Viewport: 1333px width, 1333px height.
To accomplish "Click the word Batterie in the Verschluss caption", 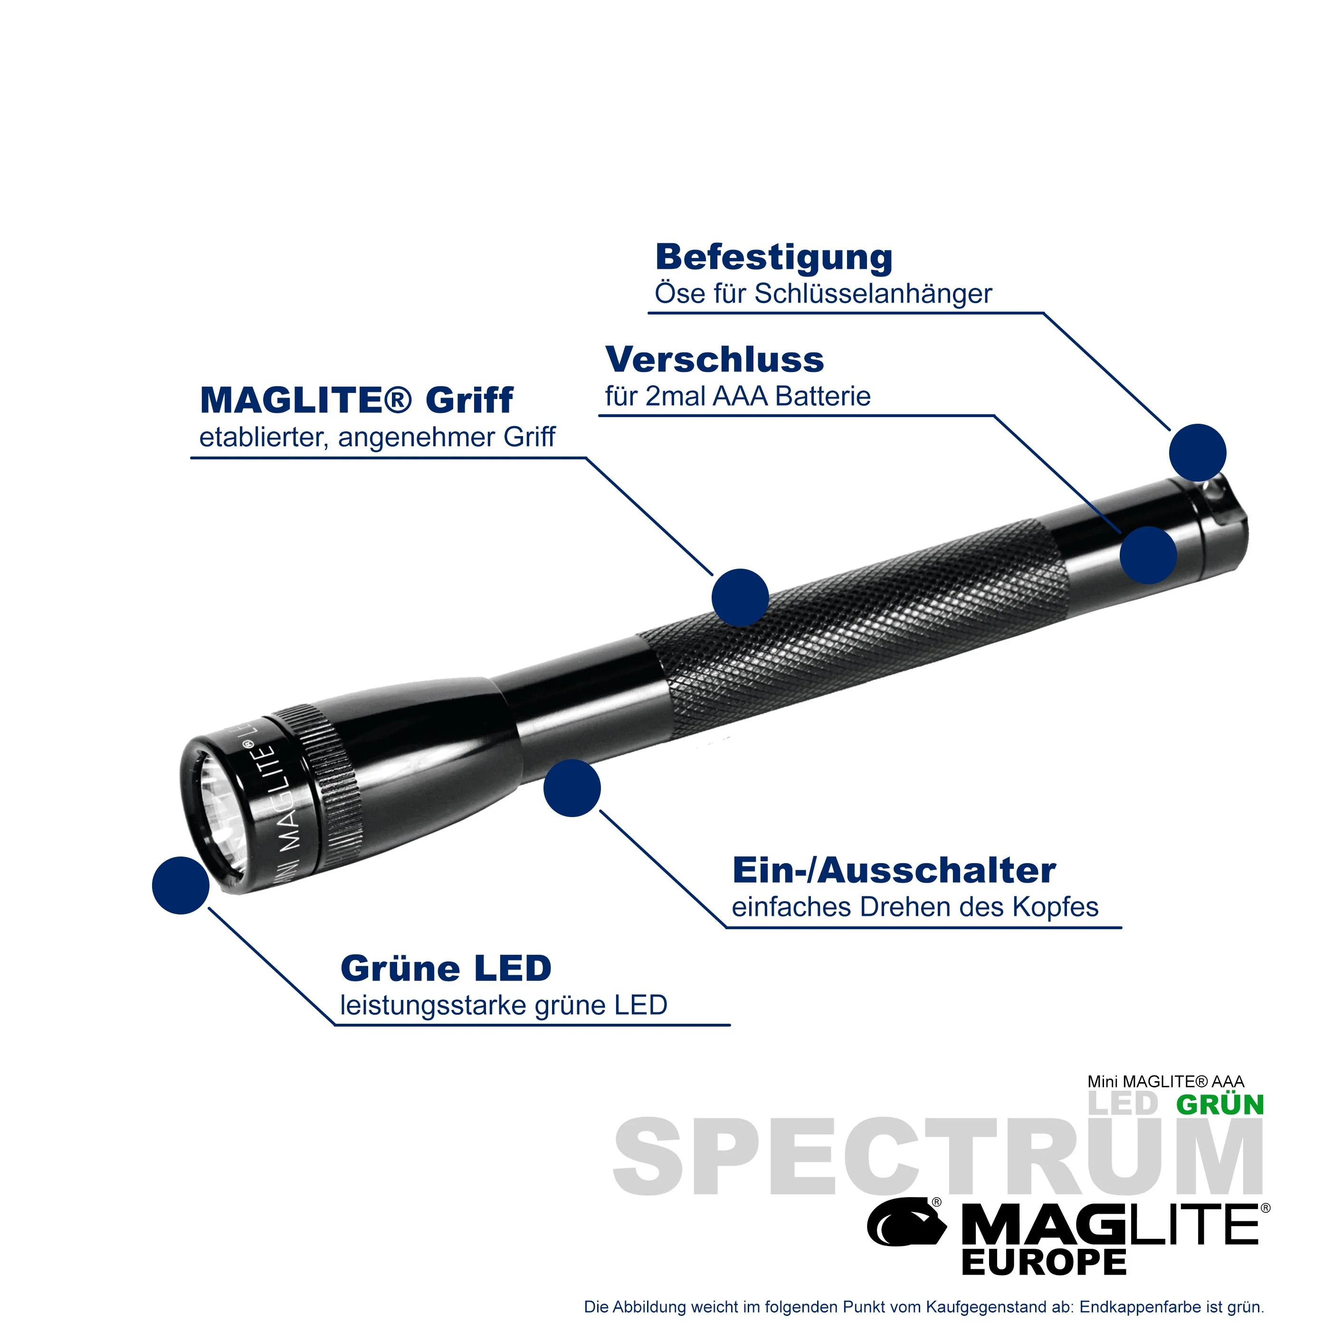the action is (x=823, y=397).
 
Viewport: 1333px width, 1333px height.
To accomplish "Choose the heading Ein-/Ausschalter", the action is (x=894, y=871).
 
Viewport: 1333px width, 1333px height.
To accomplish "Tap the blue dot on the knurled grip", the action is (x=740, y=598).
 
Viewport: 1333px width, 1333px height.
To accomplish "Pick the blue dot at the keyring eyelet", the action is (x=1198, y=453).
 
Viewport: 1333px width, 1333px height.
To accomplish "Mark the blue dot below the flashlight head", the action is (x=572, y=789).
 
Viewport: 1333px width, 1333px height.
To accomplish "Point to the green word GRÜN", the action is (x=1220, y=1104).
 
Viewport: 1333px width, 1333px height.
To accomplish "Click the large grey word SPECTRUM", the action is (x=938, y=1156).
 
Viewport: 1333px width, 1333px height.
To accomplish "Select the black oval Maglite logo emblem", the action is (x=905, y=1224).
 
